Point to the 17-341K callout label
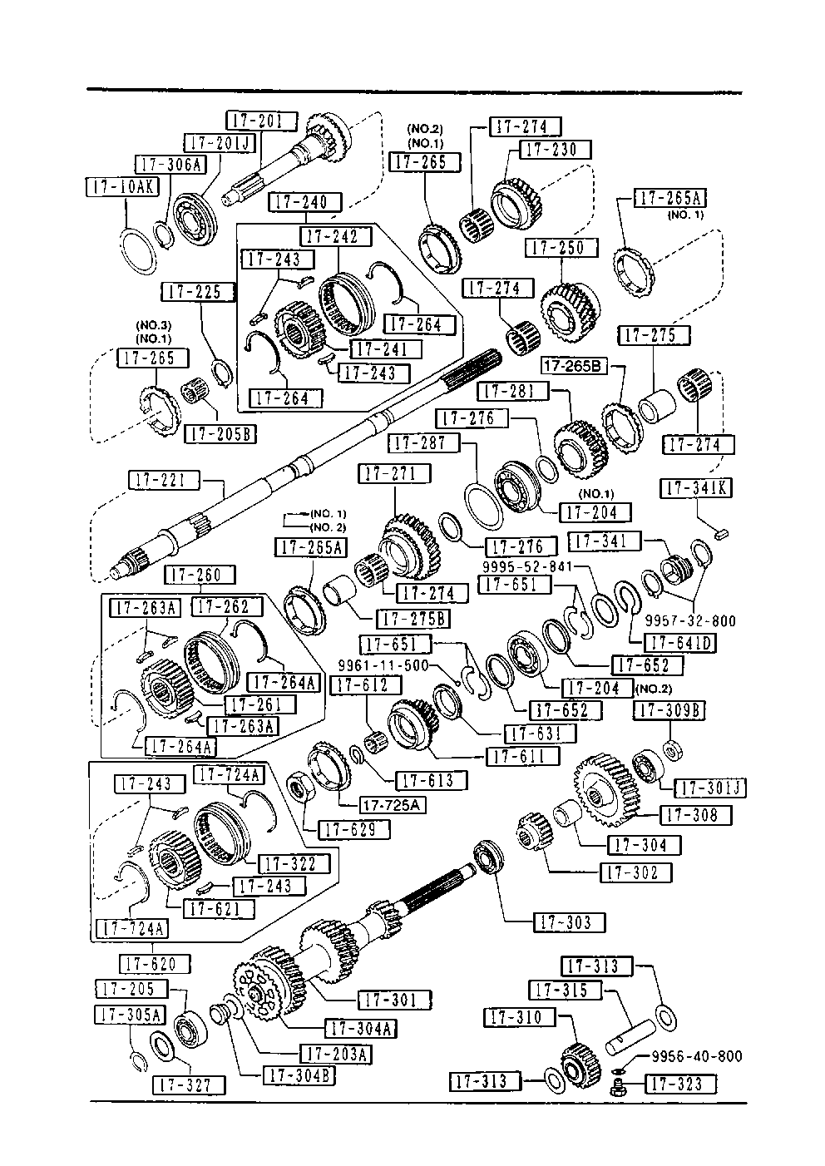[x=696, y=488]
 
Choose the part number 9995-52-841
[x=527, y=566]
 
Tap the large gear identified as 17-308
[x=605, y=788]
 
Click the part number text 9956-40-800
[x=696, y=1056]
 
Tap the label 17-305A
[x=131, y=1015]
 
